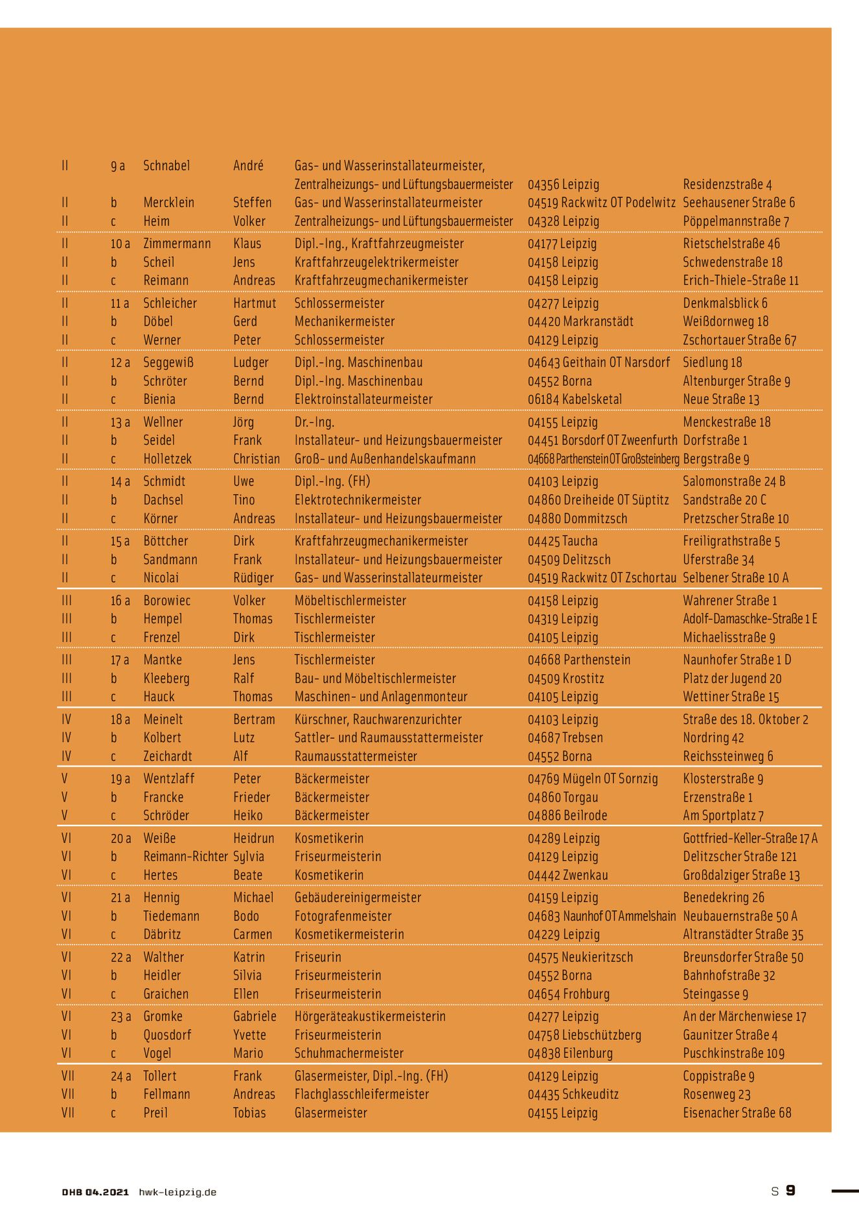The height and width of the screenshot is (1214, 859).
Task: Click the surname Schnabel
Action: coord(166,166)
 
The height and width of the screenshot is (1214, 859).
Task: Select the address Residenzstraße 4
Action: coord(727,185)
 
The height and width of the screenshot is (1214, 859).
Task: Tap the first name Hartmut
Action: coord(255,303)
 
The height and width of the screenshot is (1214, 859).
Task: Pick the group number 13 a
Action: coord(120,422)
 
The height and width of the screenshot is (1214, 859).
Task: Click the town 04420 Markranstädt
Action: coord(580,322)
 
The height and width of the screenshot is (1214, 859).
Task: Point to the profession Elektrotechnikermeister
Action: coord(358,500)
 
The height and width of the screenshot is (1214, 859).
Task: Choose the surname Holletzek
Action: coord(167,459)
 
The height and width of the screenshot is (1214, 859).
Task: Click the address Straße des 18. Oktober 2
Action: coord(745,719)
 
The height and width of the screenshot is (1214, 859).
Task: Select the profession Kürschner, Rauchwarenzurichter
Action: coord(378,719)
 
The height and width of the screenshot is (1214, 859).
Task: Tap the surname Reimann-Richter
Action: coord(185,857)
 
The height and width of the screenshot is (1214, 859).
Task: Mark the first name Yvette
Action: coord(249,1035)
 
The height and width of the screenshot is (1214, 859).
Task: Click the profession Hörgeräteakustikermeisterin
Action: coord(369,1017)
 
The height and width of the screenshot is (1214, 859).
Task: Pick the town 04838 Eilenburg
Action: coord(569,1053)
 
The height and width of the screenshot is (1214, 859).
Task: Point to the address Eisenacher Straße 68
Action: coord(737,1113)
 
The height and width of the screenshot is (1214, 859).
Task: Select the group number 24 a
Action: coord(120,1076)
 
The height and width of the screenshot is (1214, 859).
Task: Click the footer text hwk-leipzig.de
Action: coord(178,1192)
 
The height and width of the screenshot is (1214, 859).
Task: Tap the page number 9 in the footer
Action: coord(790,1191)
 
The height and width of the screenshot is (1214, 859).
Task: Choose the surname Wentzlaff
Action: coord(168,779)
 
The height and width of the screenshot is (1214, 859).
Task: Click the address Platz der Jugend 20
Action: coord(732,679)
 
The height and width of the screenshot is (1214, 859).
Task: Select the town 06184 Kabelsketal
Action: coord(574,399)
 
